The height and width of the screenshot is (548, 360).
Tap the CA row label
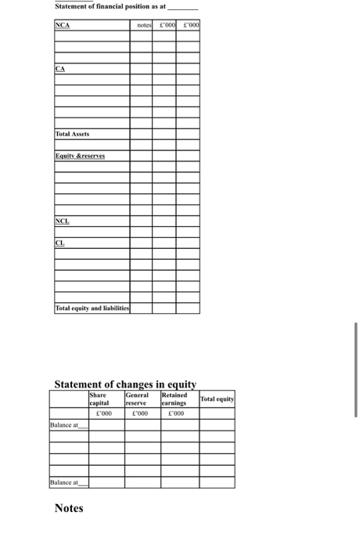(60, 69)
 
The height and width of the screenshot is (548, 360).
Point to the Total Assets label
(72, 134)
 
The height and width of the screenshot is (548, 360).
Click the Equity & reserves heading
(80, 156)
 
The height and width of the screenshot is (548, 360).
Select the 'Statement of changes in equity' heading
(124, 384)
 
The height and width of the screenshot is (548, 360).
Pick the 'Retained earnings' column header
(177, 399)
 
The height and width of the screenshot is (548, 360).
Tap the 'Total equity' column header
(217, 399)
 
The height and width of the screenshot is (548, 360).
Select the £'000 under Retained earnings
(177, 413)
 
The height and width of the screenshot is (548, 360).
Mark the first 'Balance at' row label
(66, 425)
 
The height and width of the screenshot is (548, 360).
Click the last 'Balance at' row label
(66, 483)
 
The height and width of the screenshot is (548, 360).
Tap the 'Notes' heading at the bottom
(69, 508)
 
